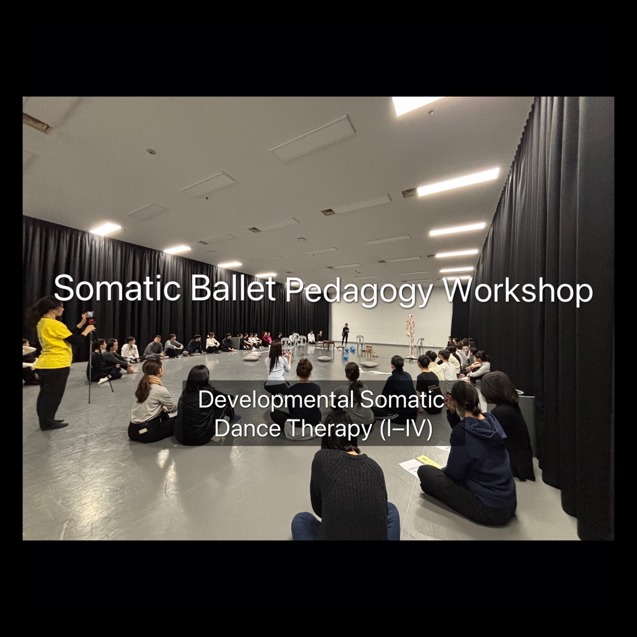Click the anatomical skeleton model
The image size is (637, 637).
pyautogui.click(x=411, y=335)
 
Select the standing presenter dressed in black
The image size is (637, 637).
pyautogui.click(x=345, y=334)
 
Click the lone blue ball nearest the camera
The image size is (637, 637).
pyautogui.click(x=345, y=357)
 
